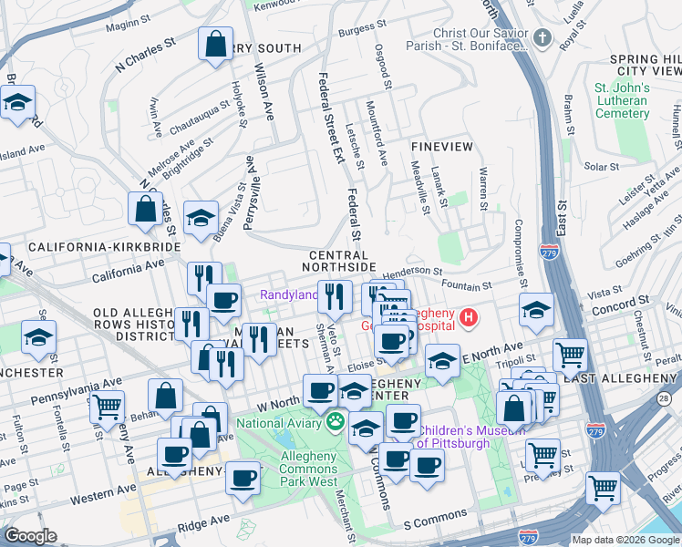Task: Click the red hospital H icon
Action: pos(468,318)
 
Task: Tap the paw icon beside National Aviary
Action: pos(336,422)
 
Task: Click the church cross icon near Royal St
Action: pos(542,38)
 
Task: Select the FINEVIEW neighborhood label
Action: pos(442,146)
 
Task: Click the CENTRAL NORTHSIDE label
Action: pos(342,261)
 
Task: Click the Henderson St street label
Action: pos(412,271)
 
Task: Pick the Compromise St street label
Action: pos(521,247)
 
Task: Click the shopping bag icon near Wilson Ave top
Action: pos(215,45)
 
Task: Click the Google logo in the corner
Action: pos(30,535)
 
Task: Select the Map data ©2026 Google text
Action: pos(625,540)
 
